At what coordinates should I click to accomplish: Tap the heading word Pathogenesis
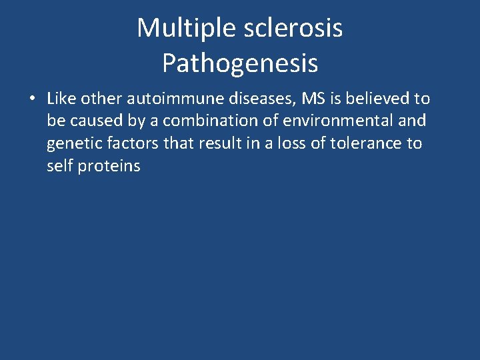pyautogui.click(x=240, y=63)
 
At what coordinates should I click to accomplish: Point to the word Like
pyautogui.click(x=61, y=99)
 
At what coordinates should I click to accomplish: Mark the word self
pyautogui.click(x=59, y=166)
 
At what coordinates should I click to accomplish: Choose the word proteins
pyautogui.click(x=109, y=167)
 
